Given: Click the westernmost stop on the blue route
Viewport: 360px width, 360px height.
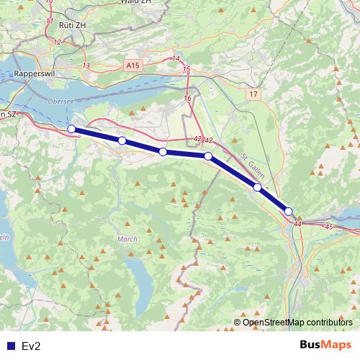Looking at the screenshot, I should (71, 129).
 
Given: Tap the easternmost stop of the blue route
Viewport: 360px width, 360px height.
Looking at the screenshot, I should (289, 212).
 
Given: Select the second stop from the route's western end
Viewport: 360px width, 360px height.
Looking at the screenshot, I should (122, 140).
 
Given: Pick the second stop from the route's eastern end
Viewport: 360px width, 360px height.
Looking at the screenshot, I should (257, 187).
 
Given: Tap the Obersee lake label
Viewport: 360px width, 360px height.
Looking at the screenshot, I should (60, 102).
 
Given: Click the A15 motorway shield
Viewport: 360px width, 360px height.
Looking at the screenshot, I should (132, 65).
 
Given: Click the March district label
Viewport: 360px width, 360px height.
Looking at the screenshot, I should (127, 239).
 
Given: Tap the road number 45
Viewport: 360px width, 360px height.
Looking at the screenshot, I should (330, 228).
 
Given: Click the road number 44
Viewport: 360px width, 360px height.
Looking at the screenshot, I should (297, 225).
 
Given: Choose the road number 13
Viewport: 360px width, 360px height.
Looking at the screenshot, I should (86, 66).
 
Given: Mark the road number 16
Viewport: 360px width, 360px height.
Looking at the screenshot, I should (188, 98).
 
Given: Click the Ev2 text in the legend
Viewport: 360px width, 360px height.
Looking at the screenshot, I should (31, 346).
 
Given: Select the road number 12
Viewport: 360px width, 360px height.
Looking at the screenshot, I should (57, 42).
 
